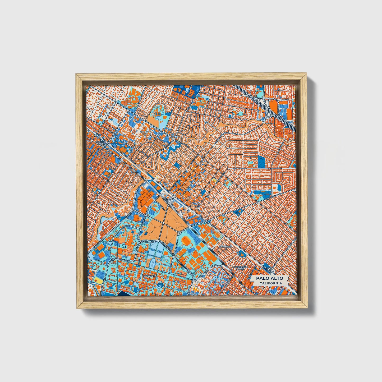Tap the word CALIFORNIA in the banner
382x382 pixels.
pyautogui.click(x=270, y=283)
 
